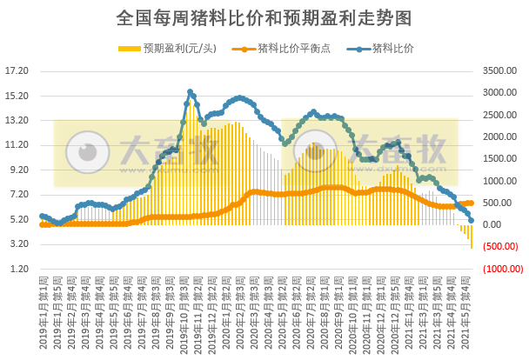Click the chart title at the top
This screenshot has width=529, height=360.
[264, 17]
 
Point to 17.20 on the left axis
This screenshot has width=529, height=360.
[17, 71]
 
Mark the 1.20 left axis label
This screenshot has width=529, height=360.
[19, 270]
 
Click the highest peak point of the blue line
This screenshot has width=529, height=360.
[190, 91]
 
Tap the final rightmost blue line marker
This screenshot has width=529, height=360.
[471, 221]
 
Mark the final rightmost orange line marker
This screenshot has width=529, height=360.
[471, 203]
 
